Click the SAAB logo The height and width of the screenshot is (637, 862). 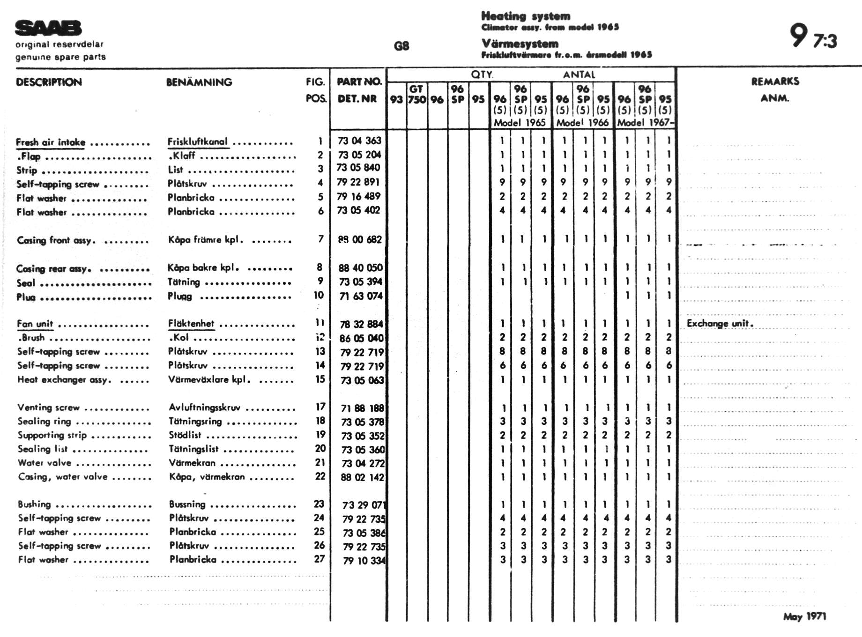[48, 28]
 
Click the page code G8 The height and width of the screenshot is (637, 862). [401, 46]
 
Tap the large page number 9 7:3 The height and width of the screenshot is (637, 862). [813, 37]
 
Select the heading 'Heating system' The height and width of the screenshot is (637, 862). [526, 16]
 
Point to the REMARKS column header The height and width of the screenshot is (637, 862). [775, 81]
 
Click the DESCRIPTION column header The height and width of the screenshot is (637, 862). [49, 82]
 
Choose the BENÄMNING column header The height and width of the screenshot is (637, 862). [199, 82]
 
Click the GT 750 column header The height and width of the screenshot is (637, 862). [416, 94]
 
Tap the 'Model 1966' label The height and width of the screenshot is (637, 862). [582, 123]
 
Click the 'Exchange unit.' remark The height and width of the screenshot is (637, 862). [720, 324]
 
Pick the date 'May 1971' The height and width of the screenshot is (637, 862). [804, 616]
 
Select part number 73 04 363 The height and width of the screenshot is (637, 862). [359, 141]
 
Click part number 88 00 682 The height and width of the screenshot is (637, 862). [360, 240]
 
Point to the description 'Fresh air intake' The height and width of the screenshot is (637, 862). [51, 142]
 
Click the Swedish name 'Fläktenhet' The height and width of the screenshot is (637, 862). [191, 324]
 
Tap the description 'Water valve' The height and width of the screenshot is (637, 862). [45, 463]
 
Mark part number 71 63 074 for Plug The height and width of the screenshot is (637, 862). [361, 296]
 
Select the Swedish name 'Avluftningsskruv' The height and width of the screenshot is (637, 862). [205, 407]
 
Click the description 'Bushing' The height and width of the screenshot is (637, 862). [34, 504]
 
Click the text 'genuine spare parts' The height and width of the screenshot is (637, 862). [60, 57]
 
